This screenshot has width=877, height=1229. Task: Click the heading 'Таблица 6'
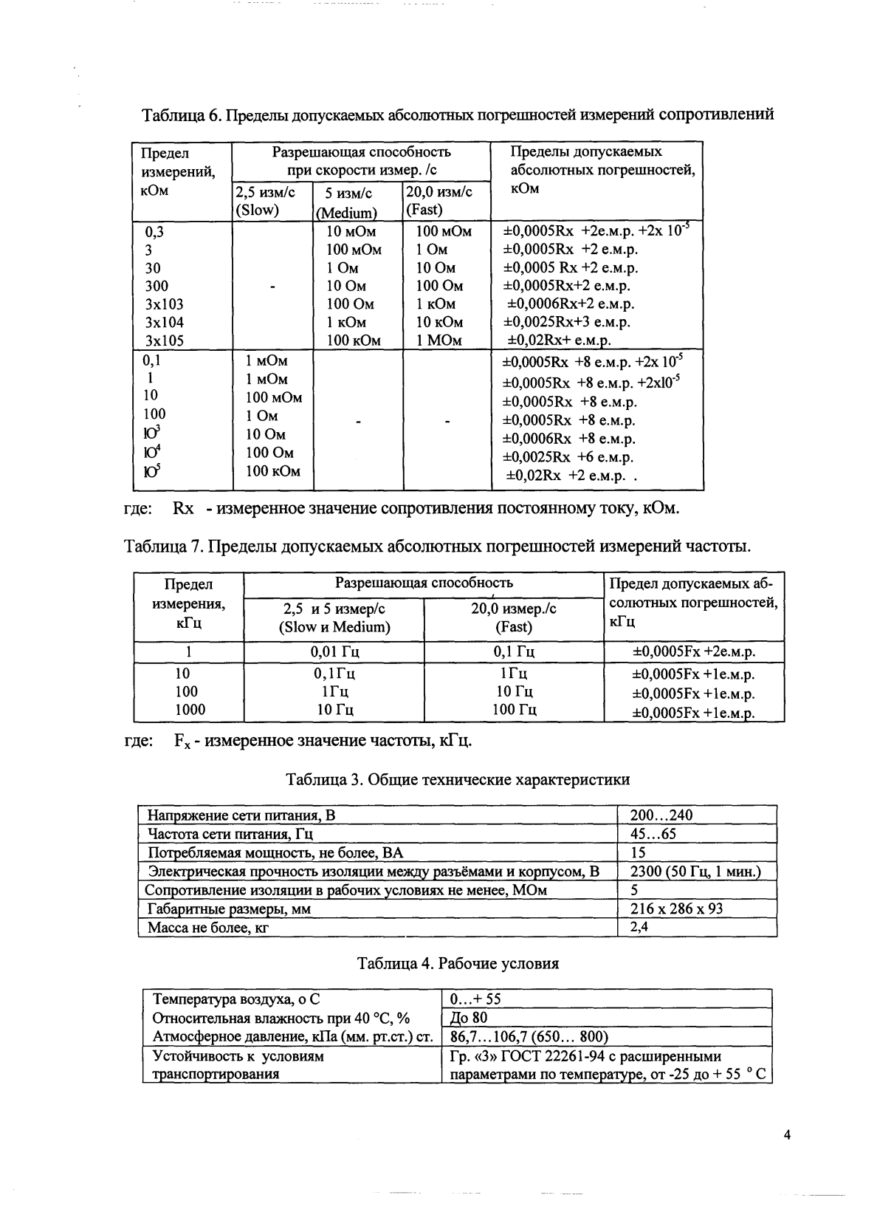tap(181, 116)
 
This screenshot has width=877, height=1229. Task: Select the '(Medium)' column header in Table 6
tap(346, 213)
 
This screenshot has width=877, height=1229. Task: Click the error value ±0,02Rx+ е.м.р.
tap(559, 340)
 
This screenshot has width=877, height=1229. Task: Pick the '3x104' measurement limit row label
tap(164, 322)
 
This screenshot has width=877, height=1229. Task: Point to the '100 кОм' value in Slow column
tap(272, 470)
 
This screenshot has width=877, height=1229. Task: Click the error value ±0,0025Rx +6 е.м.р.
tap(568, 457)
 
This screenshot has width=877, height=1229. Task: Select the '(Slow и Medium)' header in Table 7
tap(334, 627)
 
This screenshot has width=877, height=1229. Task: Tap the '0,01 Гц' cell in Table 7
tap(334, 652)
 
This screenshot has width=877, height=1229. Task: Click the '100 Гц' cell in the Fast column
tap(515, 710)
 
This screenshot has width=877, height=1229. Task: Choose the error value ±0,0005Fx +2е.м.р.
tap(694, 652)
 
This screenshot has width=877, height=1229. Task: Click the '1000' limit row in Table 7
tap(190, 710)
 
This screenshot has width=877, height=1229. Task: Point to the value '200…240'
tap(661, 815)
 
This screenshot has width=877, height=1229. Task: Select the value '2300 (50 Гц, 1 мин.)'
tap(695, 872)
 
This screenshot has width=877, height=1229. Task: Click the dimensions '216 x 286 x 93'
tap(676, 908)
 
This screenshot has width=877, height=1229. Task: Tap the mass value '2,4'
tap(639, 927)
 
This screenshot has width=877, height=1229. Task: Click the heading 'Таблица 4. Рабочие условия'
tap(458, 963)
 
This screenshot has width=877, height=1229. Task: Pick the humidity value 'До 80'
tap(468, 1018)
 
